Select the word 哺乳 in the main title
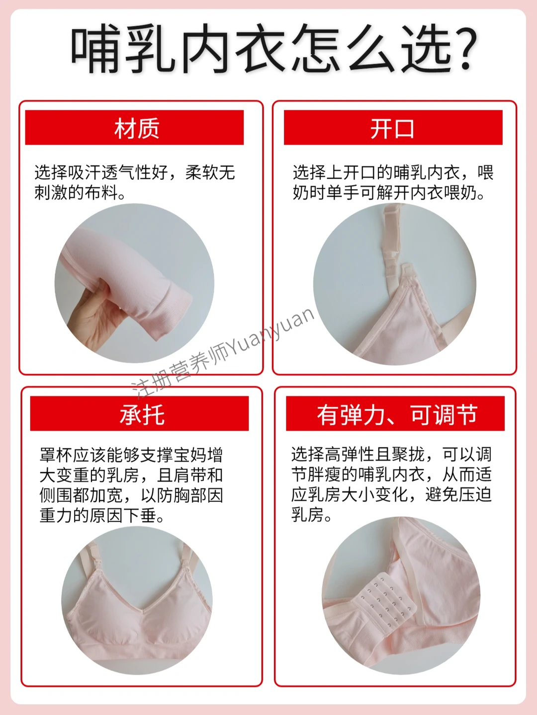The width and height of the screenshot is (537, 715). coord(124,49)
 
